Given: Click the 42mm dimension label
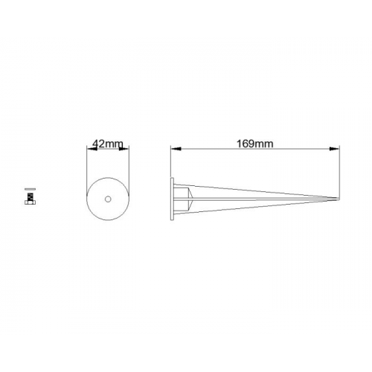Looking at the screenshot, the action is click(x=108, y=144).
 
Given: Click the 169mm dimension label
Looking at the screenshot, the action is click(x=254, y=144).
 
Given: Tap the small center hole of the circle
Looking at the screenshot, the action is click(x=108, y=199).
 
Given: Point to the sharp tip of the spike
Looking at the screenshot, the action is click(x=339, y=199).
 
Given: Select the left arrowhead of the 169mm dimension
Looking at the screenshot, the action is click(x=176, y=149).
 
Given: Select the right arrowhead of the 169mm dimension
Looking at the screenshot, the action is click(x=334, y=149).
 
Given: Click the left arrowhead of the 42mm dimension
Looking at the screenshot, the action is click(x=92, y=149).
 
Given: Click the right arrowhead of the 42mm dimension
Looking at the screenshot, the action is click(x=124, y=149).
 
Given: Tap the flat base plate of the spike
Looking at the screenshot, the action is click(x=172, y=199).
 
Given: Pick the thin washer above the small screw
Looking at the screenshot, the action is click(x=31, y=189).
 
